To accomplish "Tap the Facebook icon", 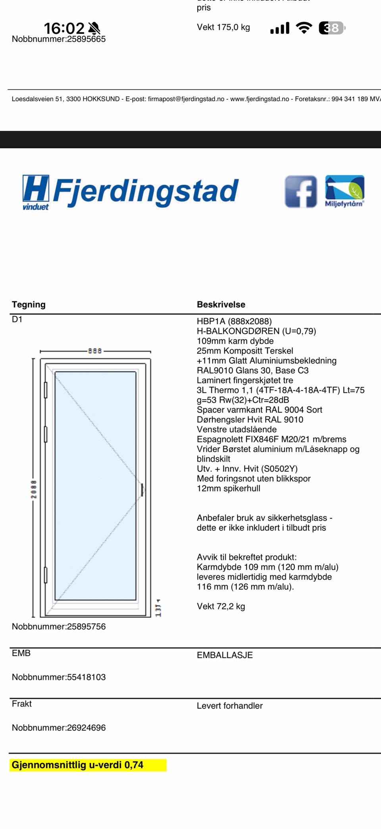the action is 301,192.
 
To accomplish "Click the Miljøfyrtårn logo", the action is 344,191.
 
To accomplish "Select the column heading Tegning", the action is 29,304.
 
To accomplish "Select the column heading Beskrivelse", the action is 221,304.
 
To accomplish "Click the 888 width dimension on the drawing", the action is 95,351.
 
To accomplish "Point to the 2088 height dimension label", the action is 34,489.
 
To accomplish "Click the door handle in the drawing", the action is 142,490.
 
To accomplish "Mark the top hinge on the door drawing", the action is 46,390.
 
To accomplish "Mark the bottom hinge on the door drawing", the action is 46,575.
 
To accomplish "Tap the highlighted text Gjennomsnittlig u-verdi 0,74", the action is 77,765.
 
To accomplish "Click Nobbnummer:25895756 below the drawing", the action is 59,627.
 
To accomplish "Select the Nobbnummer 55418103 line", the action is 59,677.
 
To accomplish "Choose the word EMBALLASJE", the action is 225,655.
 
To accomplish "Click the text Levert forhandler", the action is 230,706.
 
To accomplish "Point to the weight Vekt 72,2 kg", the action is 221,606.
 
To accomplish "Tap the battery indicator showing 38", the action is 332,28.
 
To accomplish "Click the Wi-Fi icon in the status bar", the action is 304,28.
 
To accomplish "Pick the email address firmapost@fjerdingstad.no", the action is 186,99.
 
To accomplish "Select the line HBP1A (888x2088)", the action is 234,322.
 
